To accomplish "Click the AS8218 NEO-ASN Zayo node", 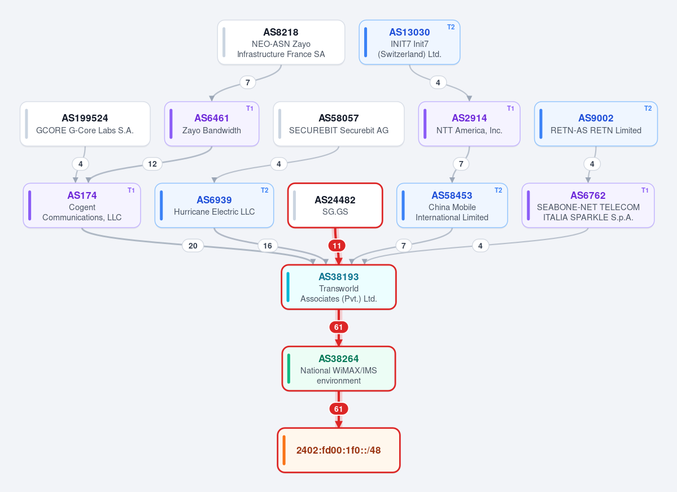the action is (x=281, y=42).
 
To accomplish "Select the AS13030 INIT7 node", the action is (x=409, y=42).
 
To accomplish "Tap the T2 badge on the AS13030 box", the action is (x=451, y=27).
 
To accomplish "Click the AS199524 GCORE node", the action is (x=85, y=124).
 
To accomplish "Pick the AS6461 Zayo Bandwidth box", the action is (x=212, y=124).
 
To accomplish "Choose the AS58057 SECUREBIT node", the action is (x=339, y=124).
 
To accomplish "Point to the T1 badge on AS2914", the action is (x=510, y=108).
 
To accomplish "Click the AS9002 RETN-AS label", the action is (x=596, y=124).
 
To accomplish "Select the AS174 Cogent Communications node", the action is (x=82, y=206).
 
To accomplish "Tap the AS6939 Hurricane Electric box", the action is (x=214, y=206).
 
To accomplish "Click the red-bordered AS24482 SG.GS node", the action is (x=335, y=206).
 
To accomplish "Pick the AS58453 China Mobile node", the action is (x=452, y=206).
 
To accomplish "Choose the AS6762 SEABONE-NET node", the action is (x=588, y=206).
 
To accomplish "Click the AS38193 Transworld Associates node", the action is (x=339, y=288).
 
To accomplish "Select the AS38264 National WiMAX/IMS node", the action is (x=339, y=369).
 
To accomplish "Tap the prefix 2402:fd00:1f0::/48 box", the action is (x=339, y=451).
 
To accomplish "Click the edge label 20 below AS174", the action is (x=193, y=246).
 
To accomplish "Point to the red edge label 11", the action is (x=337, y=246).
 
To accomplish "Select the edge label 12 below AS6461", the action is (x=152, y=164).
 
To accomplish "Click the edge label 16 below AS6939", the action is (x=268, y=246).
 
